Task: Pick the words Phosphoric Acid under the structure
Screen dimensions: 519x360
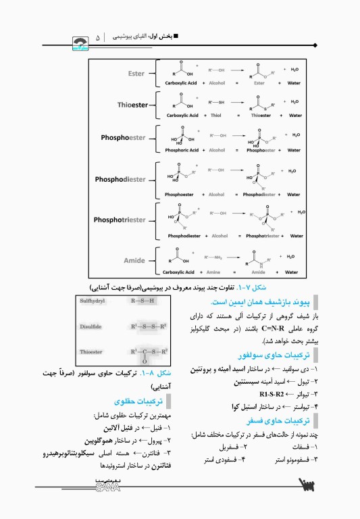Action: pos(182,149)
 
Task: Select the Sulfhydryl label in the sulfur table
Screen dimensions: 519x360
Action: pos(93,301)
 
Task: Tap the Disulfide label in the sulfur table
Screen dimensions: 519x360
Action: pos(91,326)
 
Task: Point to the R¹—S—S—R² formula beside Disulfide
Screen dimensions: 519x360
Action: pos(148,326)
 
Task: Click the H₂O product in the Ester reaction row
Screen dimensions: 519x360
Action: pos(294,69)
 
